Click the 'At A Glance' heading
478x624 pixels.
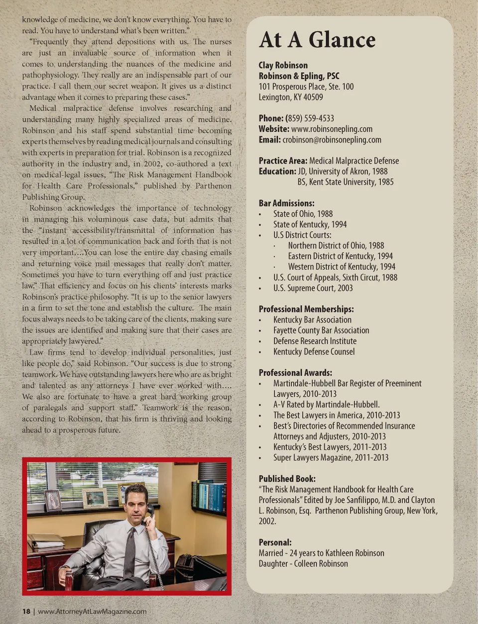pos(317,40)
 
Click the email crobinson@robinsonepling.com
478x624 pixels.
pos(332,140)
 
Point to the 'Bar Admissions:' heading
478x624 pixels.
pos(286,203)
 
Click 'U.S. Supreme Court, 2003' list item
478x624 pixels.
pos(313,288)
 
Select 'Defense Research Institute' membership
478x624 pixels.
pos(315,341)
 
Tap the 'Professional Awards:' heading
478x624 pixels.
pos(295,372)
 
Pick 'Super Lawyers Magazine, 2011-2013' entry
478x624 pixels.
pos(331,457)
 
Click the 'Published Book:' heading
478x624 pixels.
pos(287,478)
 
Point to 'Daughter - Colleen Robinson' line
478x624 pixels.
pos(303,563)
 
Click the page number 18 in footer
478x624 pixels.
pos(26,611)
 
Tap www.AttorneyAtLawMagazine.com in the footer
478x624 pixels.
pos(92,611)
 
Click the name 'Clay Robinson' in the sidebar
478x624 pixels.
pos(283,65)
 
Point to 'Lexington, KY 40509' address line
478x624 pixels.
pos(290,97)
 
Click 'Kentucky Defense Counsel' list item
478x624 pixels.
pos(314,352)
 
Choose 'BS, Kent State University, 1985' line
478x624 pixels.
pos(345,182)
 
